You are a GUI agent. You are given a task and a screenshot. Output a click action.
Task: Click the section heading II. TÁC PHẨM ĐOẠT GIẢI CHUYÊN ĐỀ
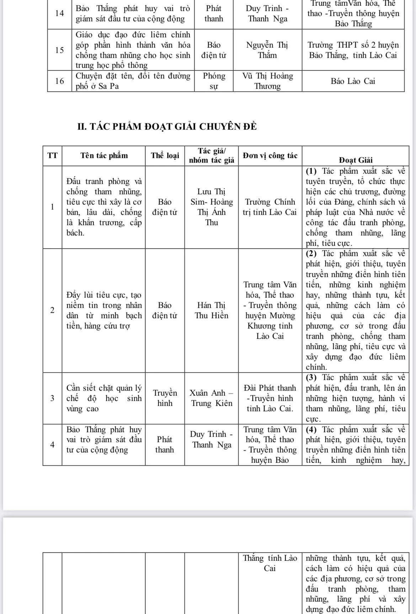coord(167,127)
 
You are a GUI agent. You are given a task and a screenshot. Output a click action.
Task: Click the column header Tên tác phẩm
coord(104,156)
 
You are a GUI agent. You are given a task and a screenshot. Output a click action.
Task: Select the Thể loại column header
coord(165,156)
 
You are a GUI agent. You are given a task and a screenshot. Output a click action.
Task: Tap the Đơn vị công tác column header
coord(270,156)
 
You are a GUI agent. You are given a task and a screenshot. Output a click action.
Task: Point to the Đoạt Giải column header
coord(356,160)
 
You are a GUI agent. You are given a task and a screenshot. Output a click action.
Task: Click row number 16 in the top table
coord(60,81)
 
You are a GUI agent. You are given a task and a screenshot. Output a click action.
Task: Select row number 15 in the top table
coord(60,50)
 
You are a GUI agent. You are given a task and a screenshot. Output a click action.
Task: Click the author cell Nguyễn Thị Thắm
coord(267,50)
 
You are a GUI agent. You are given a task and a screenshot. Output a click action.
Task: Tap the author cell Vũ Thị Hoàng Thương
coord(267,81)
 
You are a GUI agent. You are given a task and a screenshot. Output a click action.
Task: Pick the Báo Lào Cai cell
coord(353,81)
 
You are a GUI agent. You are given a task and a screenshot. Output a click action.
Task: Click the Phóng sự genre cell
coord(214,81)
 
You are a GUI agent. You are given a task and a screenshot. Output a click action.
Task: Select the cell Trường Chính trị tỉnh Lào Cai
coord(270,207)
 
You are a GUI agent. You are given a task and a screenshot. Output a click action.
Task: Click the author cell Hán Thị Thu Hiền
coord(212,310)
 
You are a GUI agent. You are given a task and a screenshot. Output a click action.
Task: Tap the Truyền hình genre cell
coord(165,398)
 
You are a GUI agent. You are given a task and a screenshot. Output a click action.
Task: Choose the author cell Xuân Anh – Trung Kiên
coord(212,398)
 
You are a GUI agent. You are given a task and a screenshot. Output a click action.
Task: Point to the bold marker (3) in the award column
coord(312,377)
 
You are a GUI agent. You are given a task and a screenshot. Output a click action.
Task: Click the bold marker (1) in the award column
coord(312,171)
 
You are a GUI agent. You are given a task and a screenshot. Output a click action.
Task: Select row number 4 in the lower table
coord(52,445)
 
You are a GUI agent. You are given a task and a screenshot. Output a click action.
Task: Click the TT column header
coord(52,156)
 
